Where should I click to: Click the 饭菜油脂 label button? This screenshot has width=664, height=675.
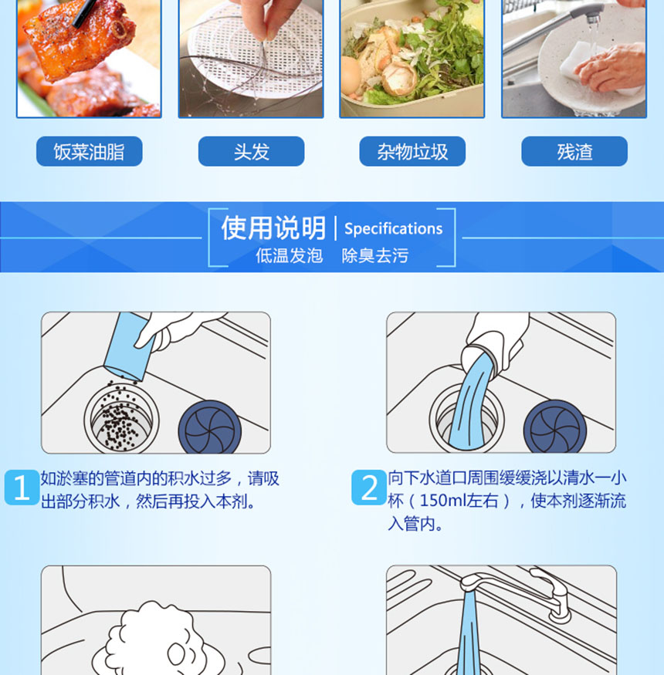90,151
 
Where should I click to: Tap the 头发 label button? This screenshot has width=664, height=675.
251,151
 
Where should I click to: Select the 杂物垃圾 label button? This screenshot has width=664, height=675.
412,151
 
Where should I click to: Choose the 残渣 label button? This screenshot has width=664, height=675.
574,151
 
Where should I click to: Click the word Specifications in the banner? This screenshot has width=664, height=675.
394,228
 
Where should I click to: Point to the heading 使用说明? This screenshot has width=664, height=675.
273,228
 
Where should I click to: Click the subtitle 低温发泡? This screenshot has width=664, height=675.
289,255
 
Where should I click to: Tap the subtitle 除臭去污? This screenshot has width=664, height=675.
375,255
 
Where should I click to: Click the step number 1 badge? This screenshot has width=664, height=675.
22,488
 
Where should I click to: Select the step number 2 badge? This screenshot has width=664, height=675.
369,488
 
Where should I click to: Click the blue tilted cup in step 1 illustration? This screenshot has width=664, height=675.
127,346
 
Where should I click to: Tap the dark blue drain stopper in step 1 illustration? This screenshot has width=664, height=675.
210,428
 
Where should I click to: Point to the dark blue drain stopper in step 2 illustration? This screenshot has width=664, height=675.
555,427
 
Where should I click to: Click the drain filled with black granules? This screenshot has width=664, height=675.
121,418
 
